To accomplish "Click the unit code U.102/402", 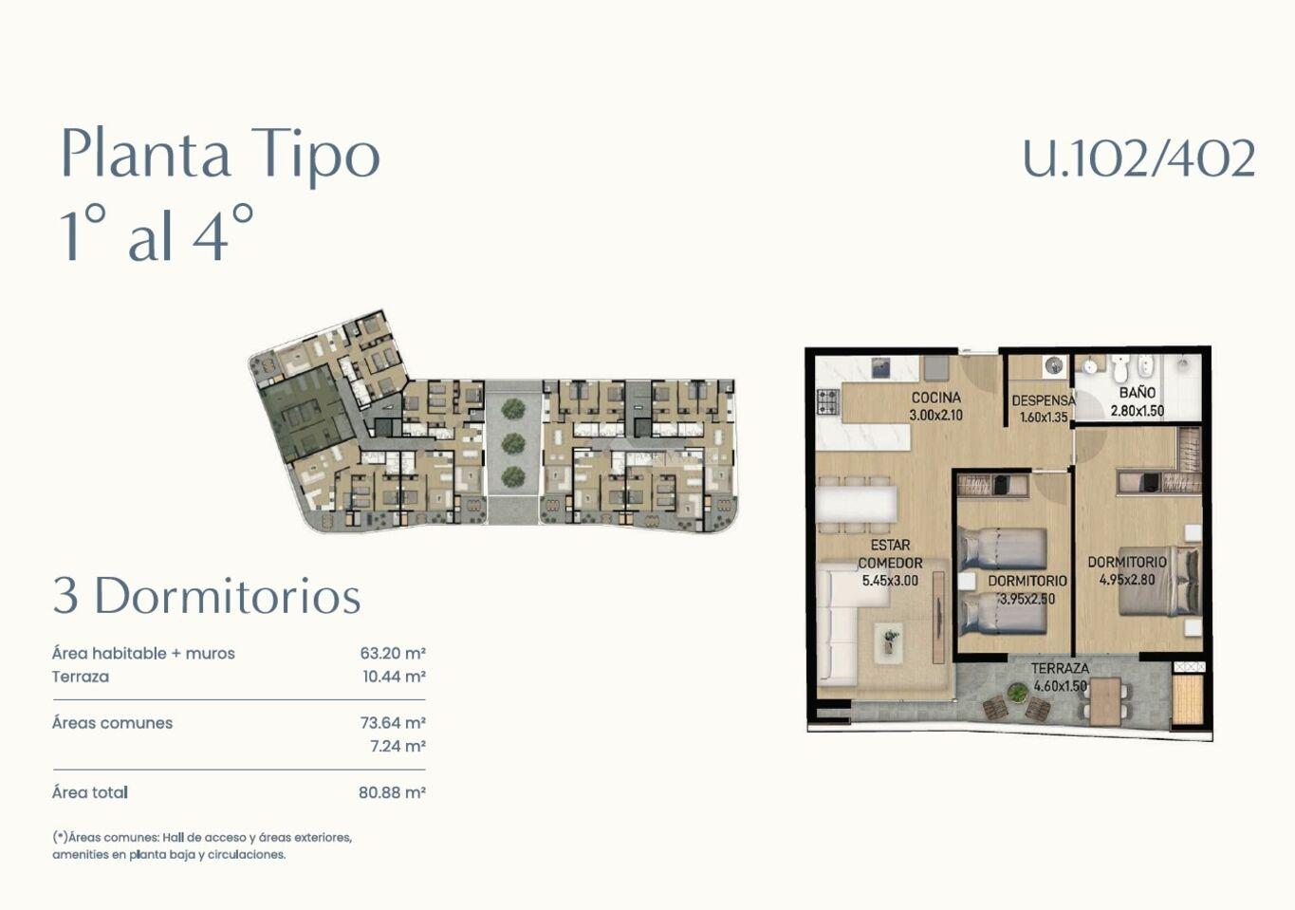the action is point(1138,158).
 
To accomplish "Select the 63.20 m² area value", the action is point(393,653).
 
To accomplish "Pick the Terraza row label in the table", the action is point(81,677).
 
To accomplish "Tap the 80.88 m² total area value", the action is point(392,792).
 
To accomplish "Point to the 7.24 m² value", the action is point(398,747).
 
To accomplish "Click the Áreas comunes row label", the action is point(112,723).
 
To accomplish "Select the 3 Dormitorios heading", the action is point(207,596).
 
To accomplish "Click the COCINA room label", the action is point(936,398).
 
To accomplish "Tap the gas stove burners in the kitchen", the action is point(827,401).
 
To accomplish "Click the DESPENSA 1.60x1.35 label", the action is point(1044,408).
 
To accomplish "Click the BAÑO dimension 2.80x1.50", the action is point(1138,412).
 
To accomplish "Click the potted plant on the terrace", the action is point(1016,692).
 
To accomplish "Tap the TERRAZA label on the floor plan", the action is point(1061,668).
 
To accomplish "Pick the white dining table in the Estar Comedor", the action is point(856,505).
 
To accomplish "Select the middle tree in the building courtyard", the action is point(513,443).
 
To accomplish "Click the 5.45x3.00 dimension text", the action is point(890,581).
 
